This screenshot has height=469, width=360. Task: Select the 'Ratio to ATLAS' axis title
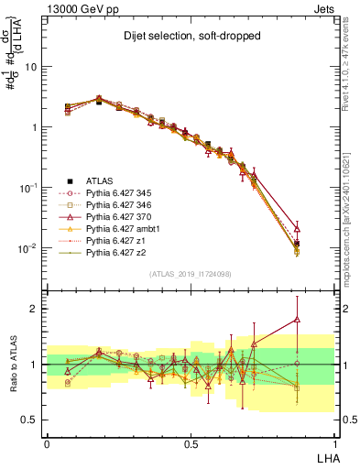click(12, 364)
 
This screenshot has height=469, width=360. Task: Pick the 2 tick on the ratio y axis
click(36, 309)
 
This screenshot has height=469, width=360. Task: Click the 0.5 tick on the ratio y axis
click(32, 420)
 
